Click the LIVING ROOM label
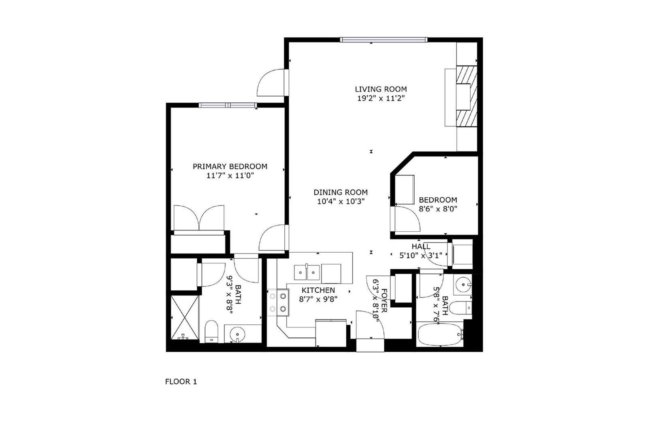point(381,89)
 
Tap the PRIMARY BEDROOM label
point(230,167)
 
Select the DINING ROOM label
point(341,192)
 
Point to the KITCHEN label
point(318,290)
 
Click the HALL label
point(421,246)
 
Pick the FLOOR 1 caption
point(181,382)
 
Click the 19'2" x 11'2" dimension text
point(381,98)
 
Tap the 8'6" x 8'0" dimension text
point(438,209)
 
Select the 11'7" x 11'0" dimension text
point(230,175)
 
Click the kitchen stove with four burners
point(278,303)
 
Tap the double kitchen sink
point(307,273)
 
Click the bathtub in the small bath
point(439,334)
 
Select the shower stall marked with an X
point(185,317)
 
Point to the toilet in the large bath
point(211,332)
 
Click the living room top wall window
point(384,40)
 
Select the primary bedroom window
point(228,105)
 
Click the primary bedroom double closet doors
point(199,218)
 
